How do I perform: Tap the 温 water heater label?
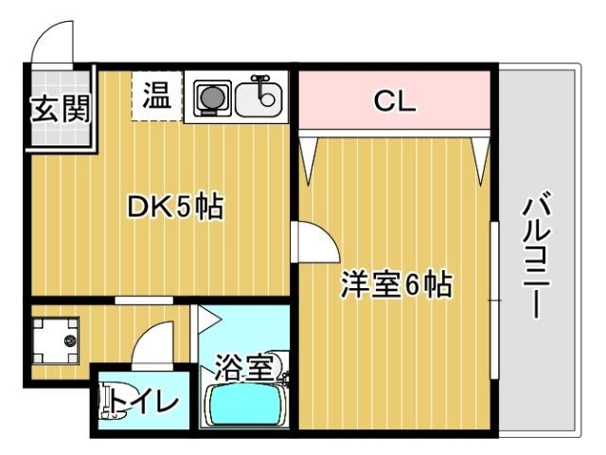156,96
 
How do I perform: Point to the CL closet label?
394,101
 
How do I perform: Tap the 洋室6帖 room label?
395,284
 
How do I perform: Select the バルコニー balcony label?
537,255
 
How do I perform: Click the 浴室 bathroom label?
243,365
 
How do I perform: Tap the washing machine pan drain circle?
68,340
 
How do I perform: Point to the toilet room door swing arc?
153,345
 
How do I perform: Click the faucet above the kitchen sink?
265,83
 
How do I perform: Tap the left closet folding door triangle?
309,154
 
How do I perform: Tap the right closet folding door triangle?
481,154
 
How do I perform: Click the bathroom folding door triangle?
206,319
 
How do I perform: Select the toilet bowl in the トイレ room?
111,399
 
